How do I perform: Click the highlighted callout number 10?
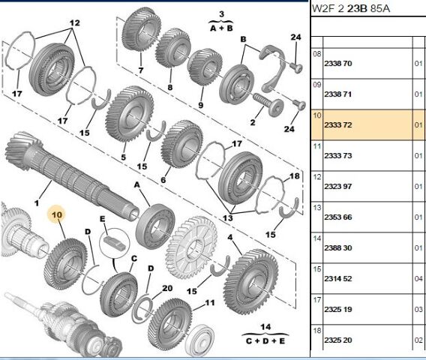click(x=57, y=214)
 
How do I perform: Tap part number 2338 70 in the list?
click(x=337, y=64)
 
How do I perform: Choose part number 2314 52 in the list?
click(x=337, y=278)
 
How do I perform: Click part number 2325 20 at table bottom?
click(x=337, y=340)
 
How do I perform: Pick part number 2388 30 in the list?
click(x=337, y=247)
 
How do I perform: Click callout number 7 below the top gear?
click(x=139, y=71)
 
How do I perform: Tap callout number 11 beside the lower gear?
click(x=210, y=304)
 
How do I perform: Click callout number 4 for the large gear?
click(x=229, y=238)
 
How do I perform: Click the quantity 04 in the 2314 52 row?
click(x=418, y=278)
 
